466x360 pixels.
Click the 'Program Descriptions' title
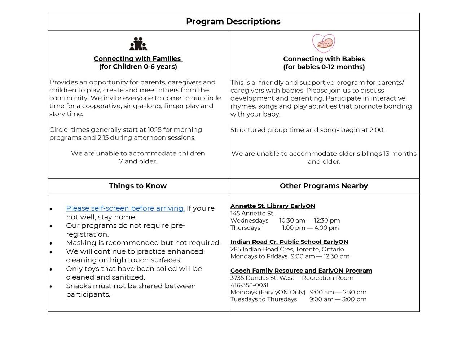(x=233, y=22)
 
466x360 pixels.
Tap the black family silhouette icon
(x=138, y=44)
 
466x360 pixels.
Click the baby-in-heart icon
(x=324, y=43)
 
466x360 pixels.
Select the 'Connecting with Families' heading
(x=137, y=59)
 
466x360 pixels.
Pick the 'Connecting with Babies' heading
(x=324, y=59)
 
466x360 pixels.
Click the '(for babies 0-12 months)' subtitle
(x=324, y=67)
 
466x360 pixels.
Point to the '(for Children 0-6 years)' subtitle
(x=138, y=67)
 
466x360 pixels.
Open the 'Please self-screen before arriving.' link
(x=125, y=208)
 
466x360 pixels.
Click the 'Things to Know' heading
(x=138, y=186)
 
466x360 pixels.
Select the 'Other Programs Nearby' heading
(x=324, y=186)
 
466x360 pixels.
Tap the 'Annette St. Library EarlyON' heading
(x=273, y=206)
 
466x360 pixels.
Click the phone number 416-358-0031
(x=249, y=285)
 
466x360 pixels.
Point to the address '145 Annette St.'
(x=252, y=214)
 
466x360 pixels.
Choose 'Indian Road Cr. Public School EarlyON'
(x=289, y=242)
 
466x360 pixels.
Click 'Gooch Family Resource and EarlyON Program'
(x=301, y=271)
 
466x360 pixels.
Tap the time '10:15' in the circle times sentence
(x=154, y=130)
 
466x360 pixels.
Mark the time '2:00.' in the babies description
(x=377, y=130)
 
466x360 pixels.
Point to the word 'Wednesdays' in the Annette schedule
(x=249, y=221)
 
